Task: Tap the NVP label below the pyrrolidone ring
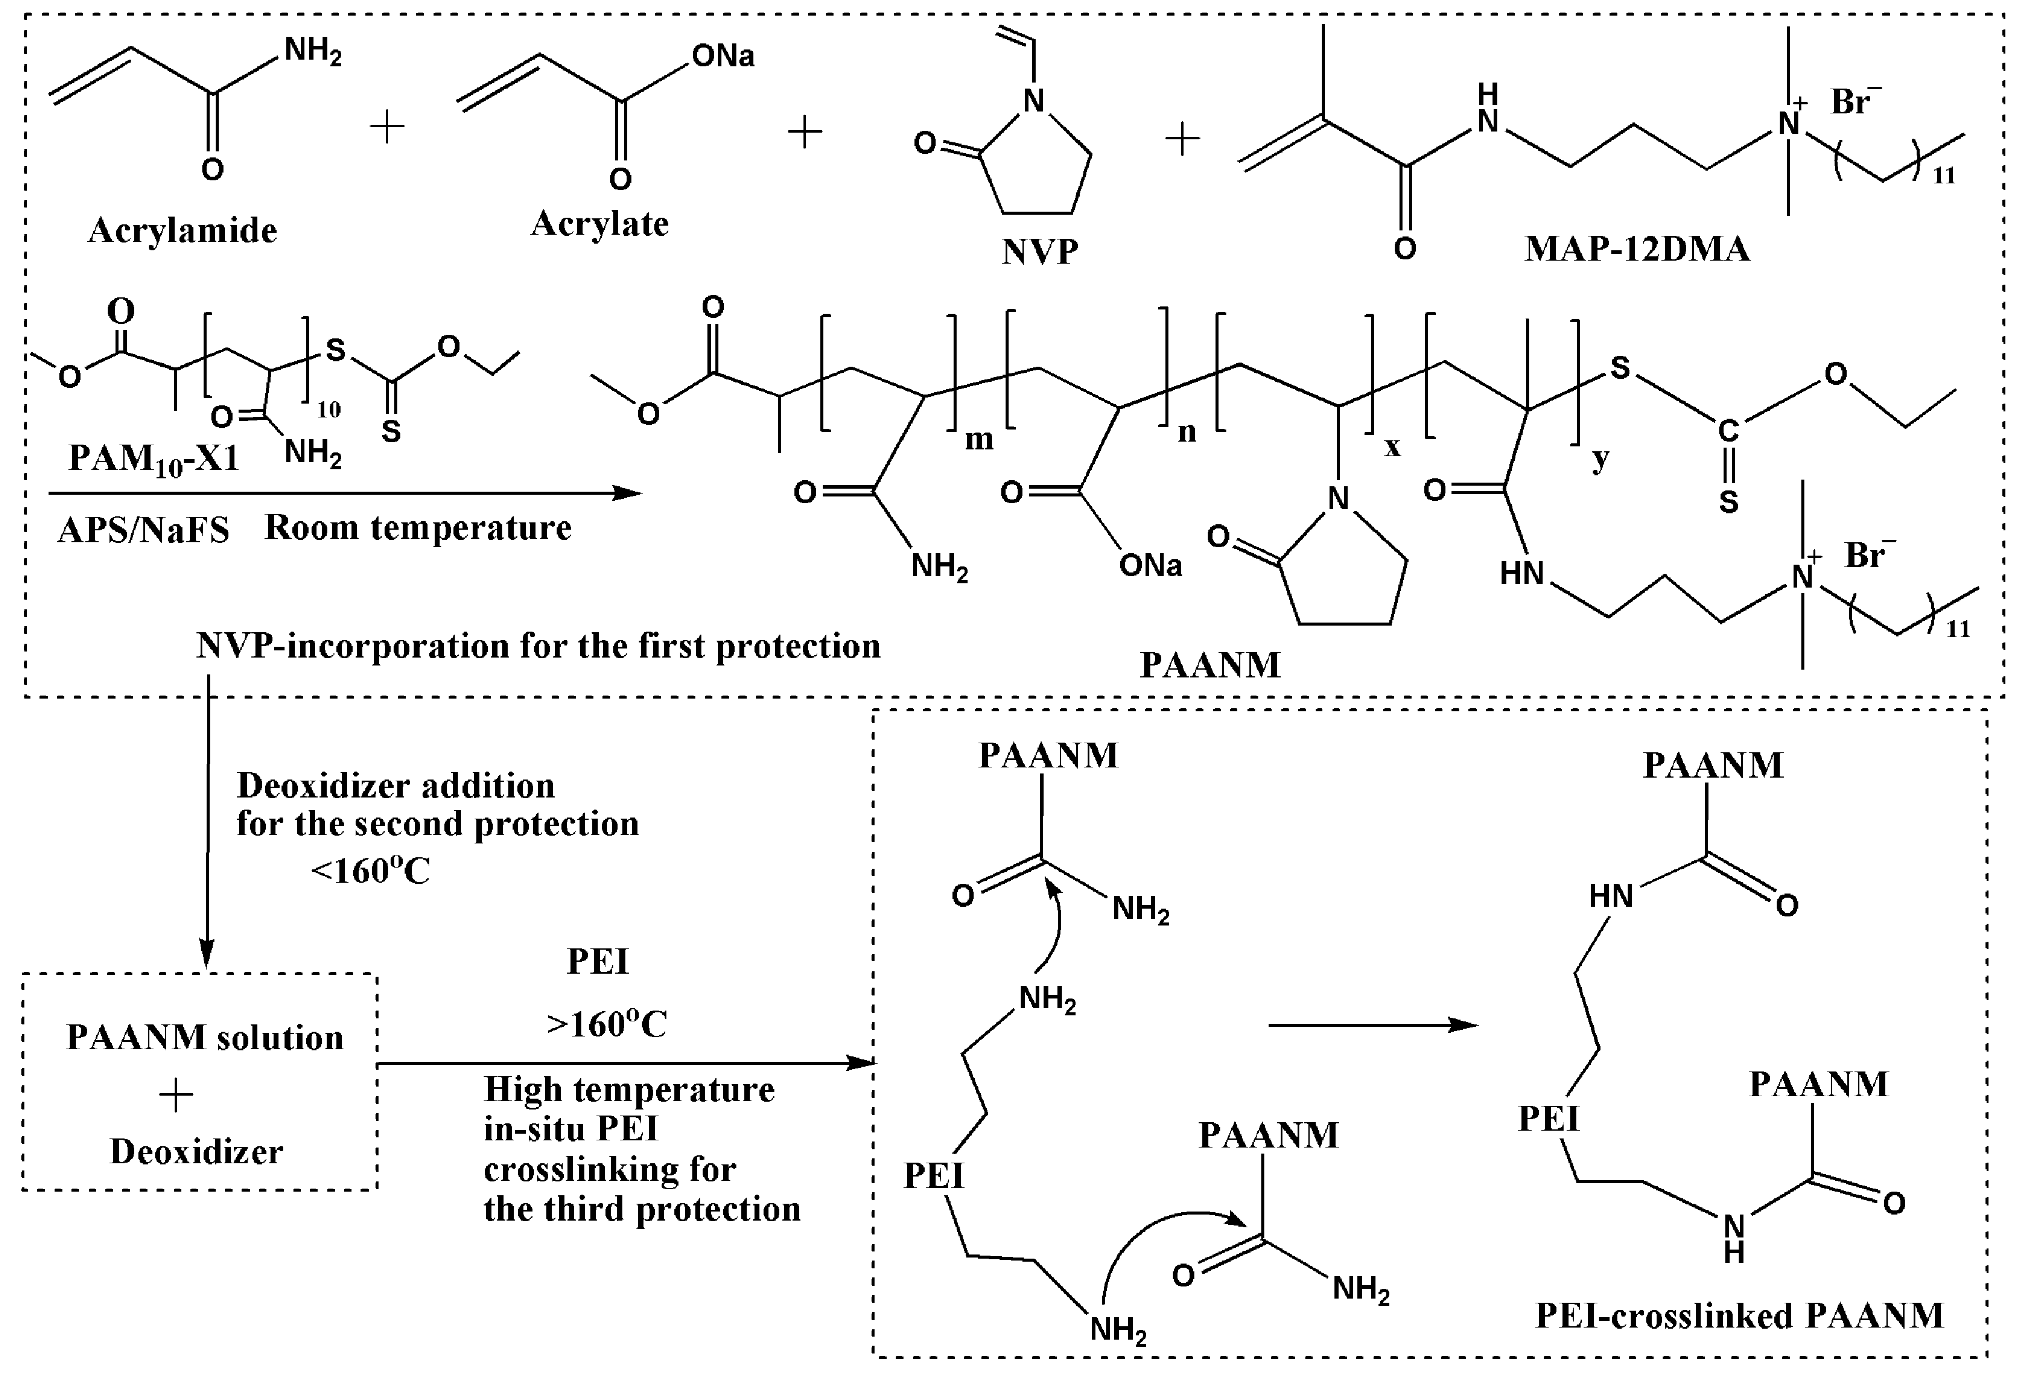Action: click(x=1040, y=252)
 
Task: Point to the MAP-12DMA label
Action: click(x=1636, y=249)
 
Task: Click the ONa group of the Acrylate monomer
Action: click(x=723, y=57)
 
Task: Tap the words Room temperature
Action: click(x=418, y=527)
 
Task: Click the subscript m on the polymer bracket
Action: click(x=979, y=439)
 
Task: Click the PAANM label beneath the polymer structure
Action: click(x=1210, y=665)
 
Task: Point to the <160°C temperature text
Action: click(x=370, y=870)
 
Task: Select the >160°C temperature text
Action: click(x=607, y=1024)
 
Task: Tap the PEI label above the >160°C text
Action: click(x=597, y=961)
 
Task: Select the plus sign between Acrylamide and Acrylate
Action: click(x=388, y=127)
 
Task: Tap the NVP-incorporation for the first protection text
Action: click(x=538, y=646)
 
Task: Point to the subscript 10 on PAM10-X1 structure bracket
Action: click(x=328, y=409)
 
